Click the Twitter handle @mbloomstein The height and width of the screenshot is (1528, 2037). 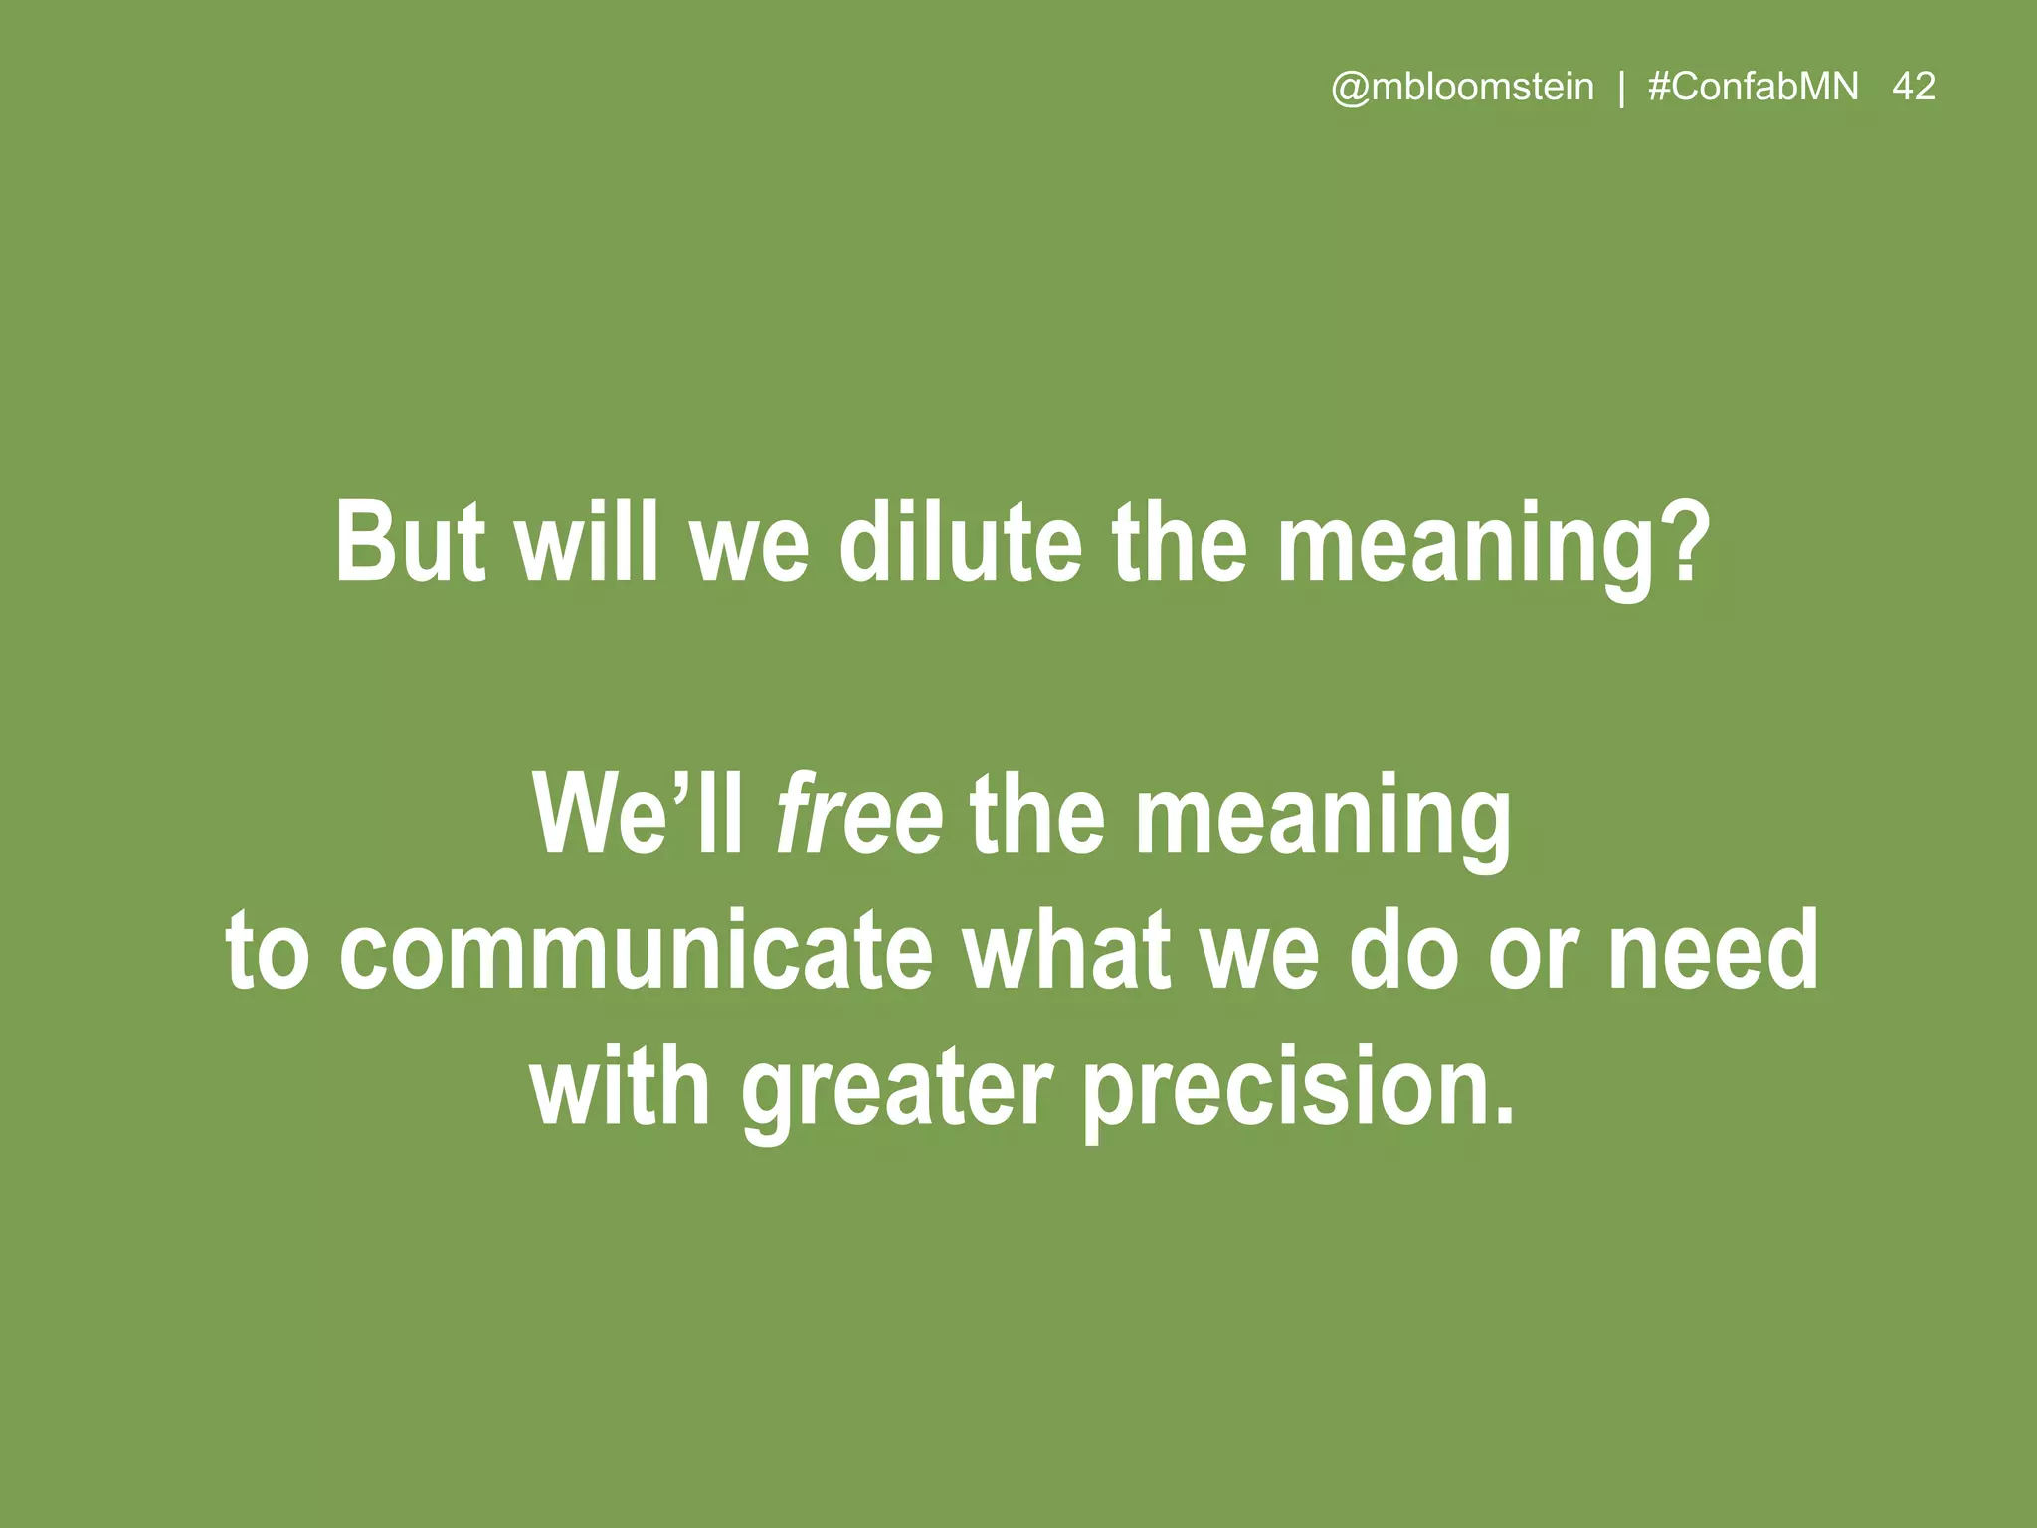click(1462, 88)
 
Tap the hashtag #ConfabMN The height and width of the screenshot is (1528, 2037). click(1753, 88)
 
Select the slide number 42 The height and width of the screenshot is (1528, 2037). click(1914, 88)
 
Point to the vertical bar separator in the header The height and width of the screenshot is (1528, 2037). click(1622, 89)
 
